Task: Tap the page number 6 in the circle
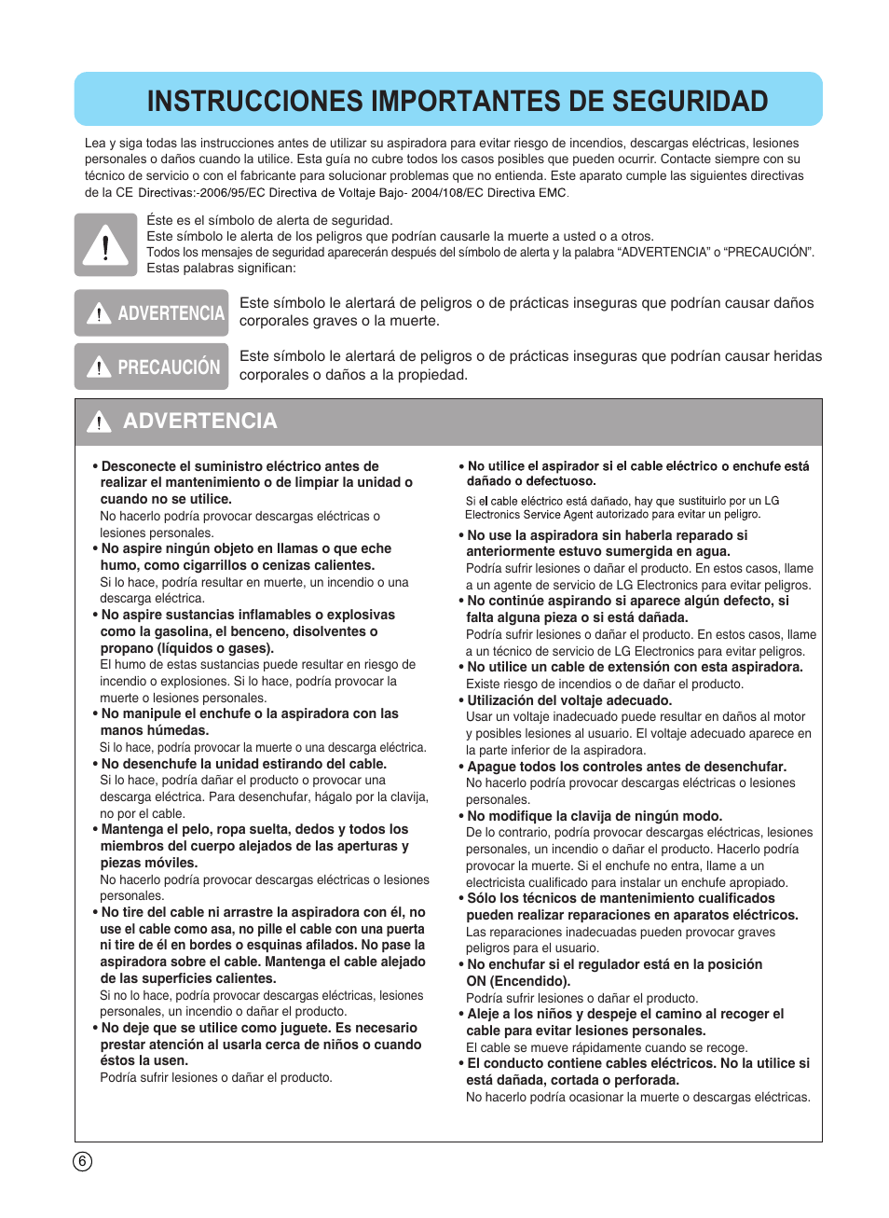coord(82,1161)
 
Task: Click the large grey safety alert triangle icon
coord(105,245)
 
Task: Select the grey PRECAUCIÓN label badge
coord(151,367)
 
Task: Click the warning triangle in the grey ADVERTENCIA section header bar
coord(99,422)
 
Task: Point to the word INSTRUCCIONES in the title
coord(254,101)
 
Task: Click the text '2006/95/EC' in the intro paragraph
coord(230,193)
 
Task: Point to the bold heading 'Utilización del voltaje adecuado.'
coord(568,700)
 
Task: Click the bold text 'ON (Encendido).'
coord(518,981)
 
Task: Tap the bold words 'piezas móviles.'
coord(149,863)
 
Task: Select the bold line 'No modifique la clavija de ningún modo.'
coord(595,816)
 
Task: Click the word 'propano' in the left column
coord(126,648)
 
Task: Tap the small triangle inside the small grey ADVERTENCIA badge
coord(99,313)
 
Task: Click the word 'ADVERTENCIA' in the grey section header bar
coord(200,422)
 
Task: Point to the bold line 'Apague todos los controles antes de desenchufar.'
coord(626,767)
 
